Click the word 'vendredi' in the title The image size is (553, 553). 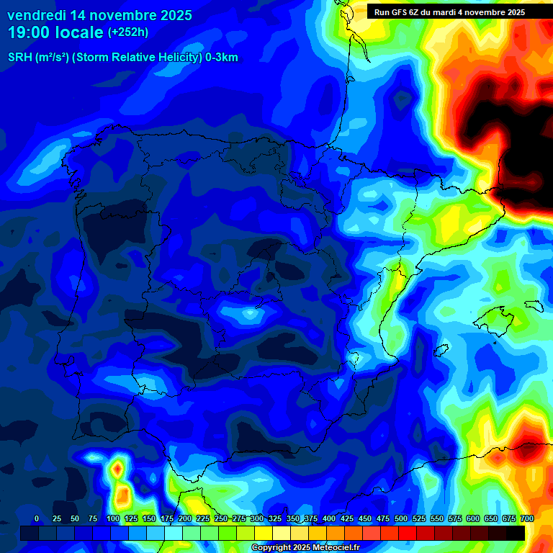pyautogui.click(x=35, y=15)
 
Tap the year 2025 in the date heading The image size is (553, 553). pyautogui.click(x=171, y=15)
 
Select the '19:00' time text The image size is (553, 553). pyautogui.click(x=29, y=33)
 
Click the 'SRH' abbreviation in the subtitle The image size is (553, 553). pyautogui.click(x=19, y=58)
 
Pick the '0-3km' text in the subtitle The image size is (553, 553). pyautogui.click(x=222, y=58)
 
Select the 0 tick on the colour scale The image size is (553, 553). pyautogui.click(x=37, y=519)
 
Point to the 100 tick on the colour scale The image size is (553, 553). pyautogui.click(x=112, y=519)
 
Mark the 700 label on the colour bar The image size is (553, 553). pyautogui.click(x=526, y=519)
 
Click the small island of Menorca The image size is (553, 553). pyautogui.click(x=534, y=305)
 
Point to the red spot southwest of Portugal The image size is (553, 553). pyautogui.click(x=116, y=469)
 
